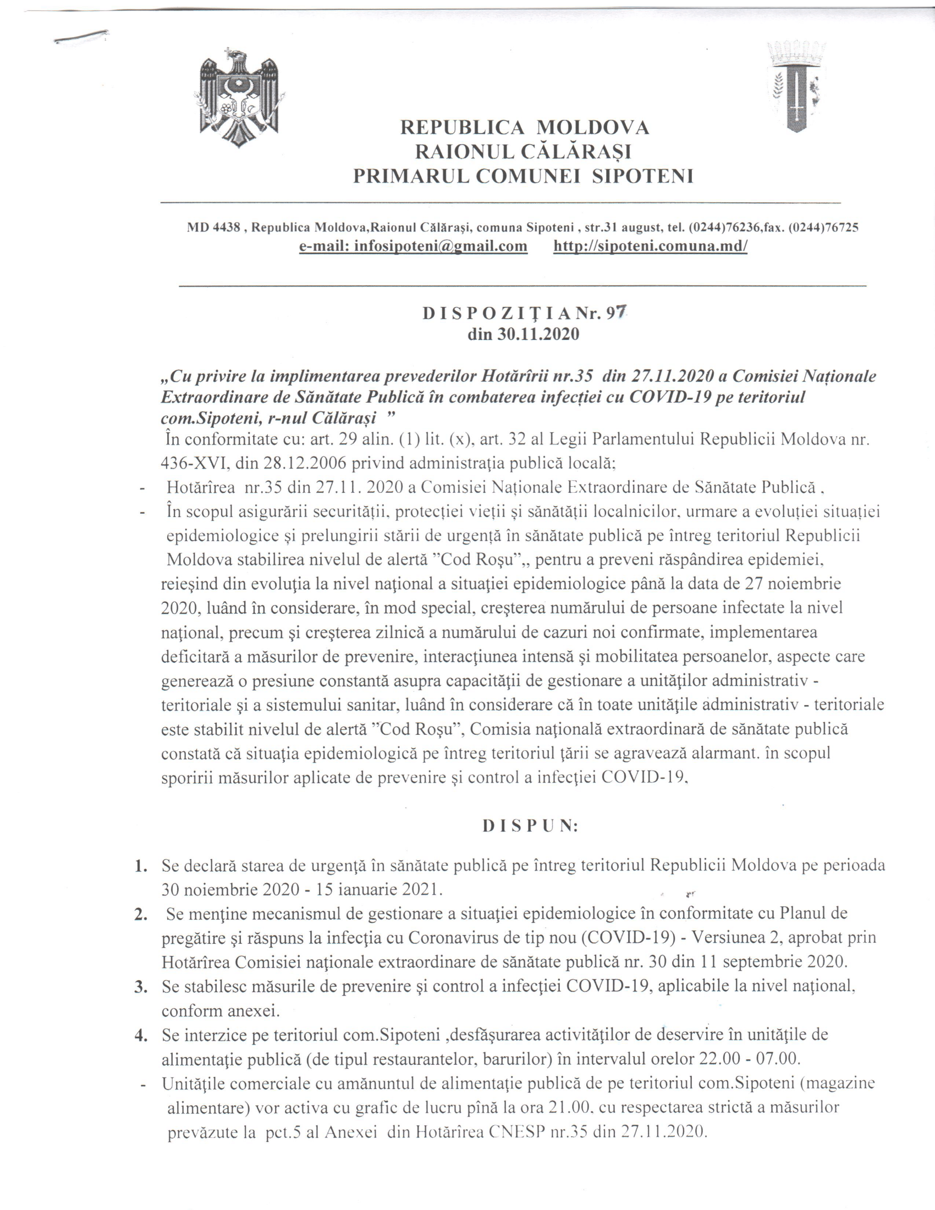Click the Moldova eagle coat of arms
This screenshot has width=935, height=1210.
[x=239, y=98]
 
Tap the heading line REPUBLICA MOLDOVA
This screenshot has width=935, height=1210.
[x=524, y=128]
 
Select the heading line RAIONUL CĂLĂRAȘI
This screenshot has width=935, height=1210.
[x=524, y=152]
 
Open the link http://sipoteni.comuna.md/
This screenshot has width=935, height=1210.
[x=650, y=245]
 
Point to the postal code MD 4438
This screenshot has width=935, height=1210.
[x=214, y=227]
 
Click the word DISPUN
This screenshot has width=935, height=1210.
[x=530, y=826]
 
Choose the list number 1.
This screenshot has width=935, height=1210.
[x=141, y=866]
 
